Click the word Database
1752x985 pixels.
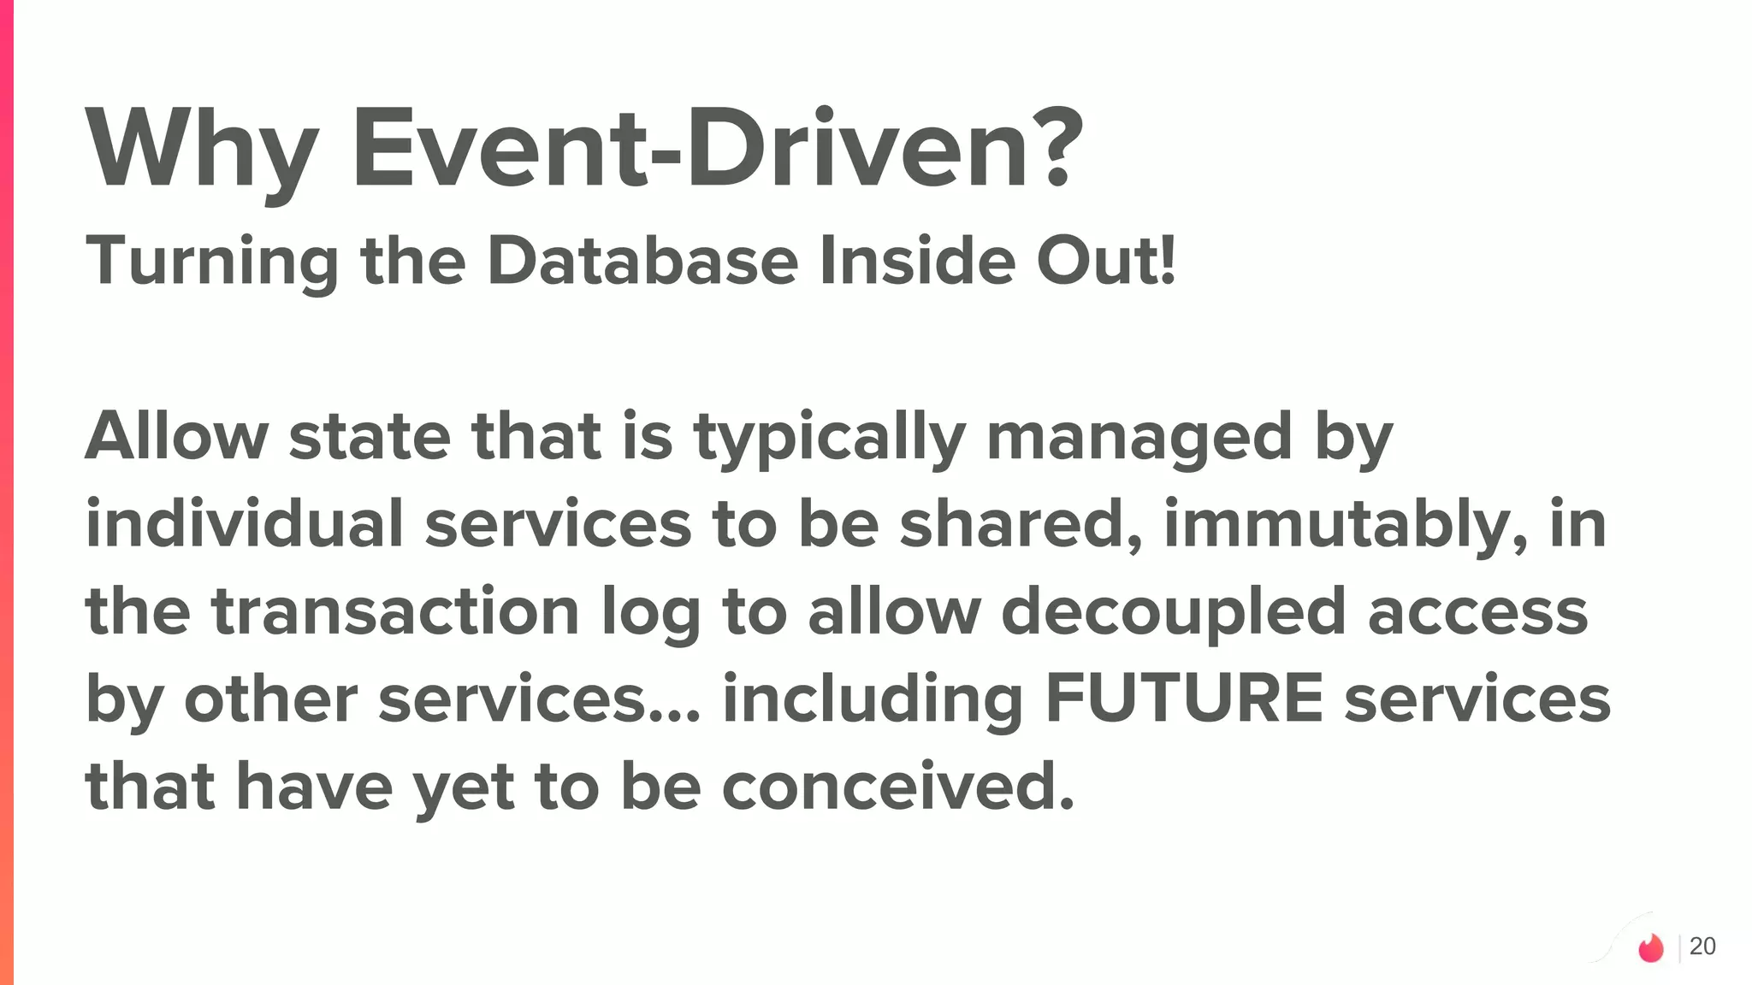(642, 261)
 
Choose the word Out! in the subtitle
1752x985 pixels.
(1106, 261)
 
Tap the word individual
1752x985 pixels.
(244, 524)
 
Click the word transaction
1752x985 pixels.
(395, 611)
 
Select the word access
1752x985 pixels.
(1477, 613)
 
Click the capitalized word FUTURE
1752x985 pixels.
(1184, 699)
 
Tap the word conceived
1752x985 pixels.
(897, 787)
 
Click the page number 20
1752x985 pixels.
(1702, 947)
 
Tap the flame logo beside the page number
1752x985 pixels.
(1651, 947)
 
